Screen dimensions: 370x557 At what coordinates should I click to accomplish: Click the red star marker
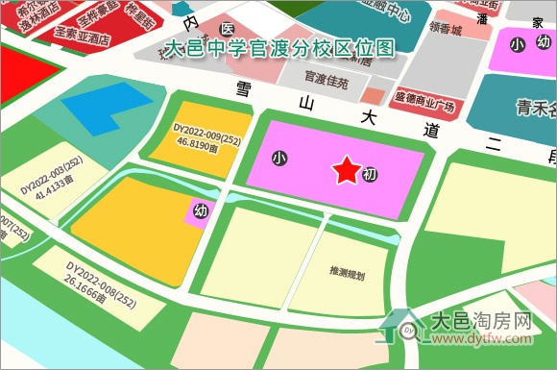(347, 171)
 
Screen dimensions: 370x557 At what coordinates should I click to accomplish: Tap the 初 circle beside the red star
(371, 175)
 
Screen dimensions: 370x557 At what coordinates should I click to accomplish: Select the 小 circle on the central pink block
(279, 156)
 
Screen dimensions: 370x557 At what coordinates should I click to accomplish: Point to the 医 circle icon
(227, 30)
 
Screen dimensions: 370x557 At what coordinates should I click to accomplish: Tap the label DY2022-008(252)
(102, 272)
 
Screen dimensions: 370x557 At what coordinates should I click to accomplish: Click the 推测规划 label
(347, 273)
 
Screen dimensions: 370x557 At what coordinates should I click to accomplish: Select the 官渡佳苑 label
(327, 77)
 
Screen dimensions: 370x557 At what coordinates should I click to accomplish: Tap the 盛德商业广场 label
(424, 96)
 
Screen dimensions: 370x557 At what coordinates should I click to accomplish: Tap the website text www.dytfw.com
(481, 339)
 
